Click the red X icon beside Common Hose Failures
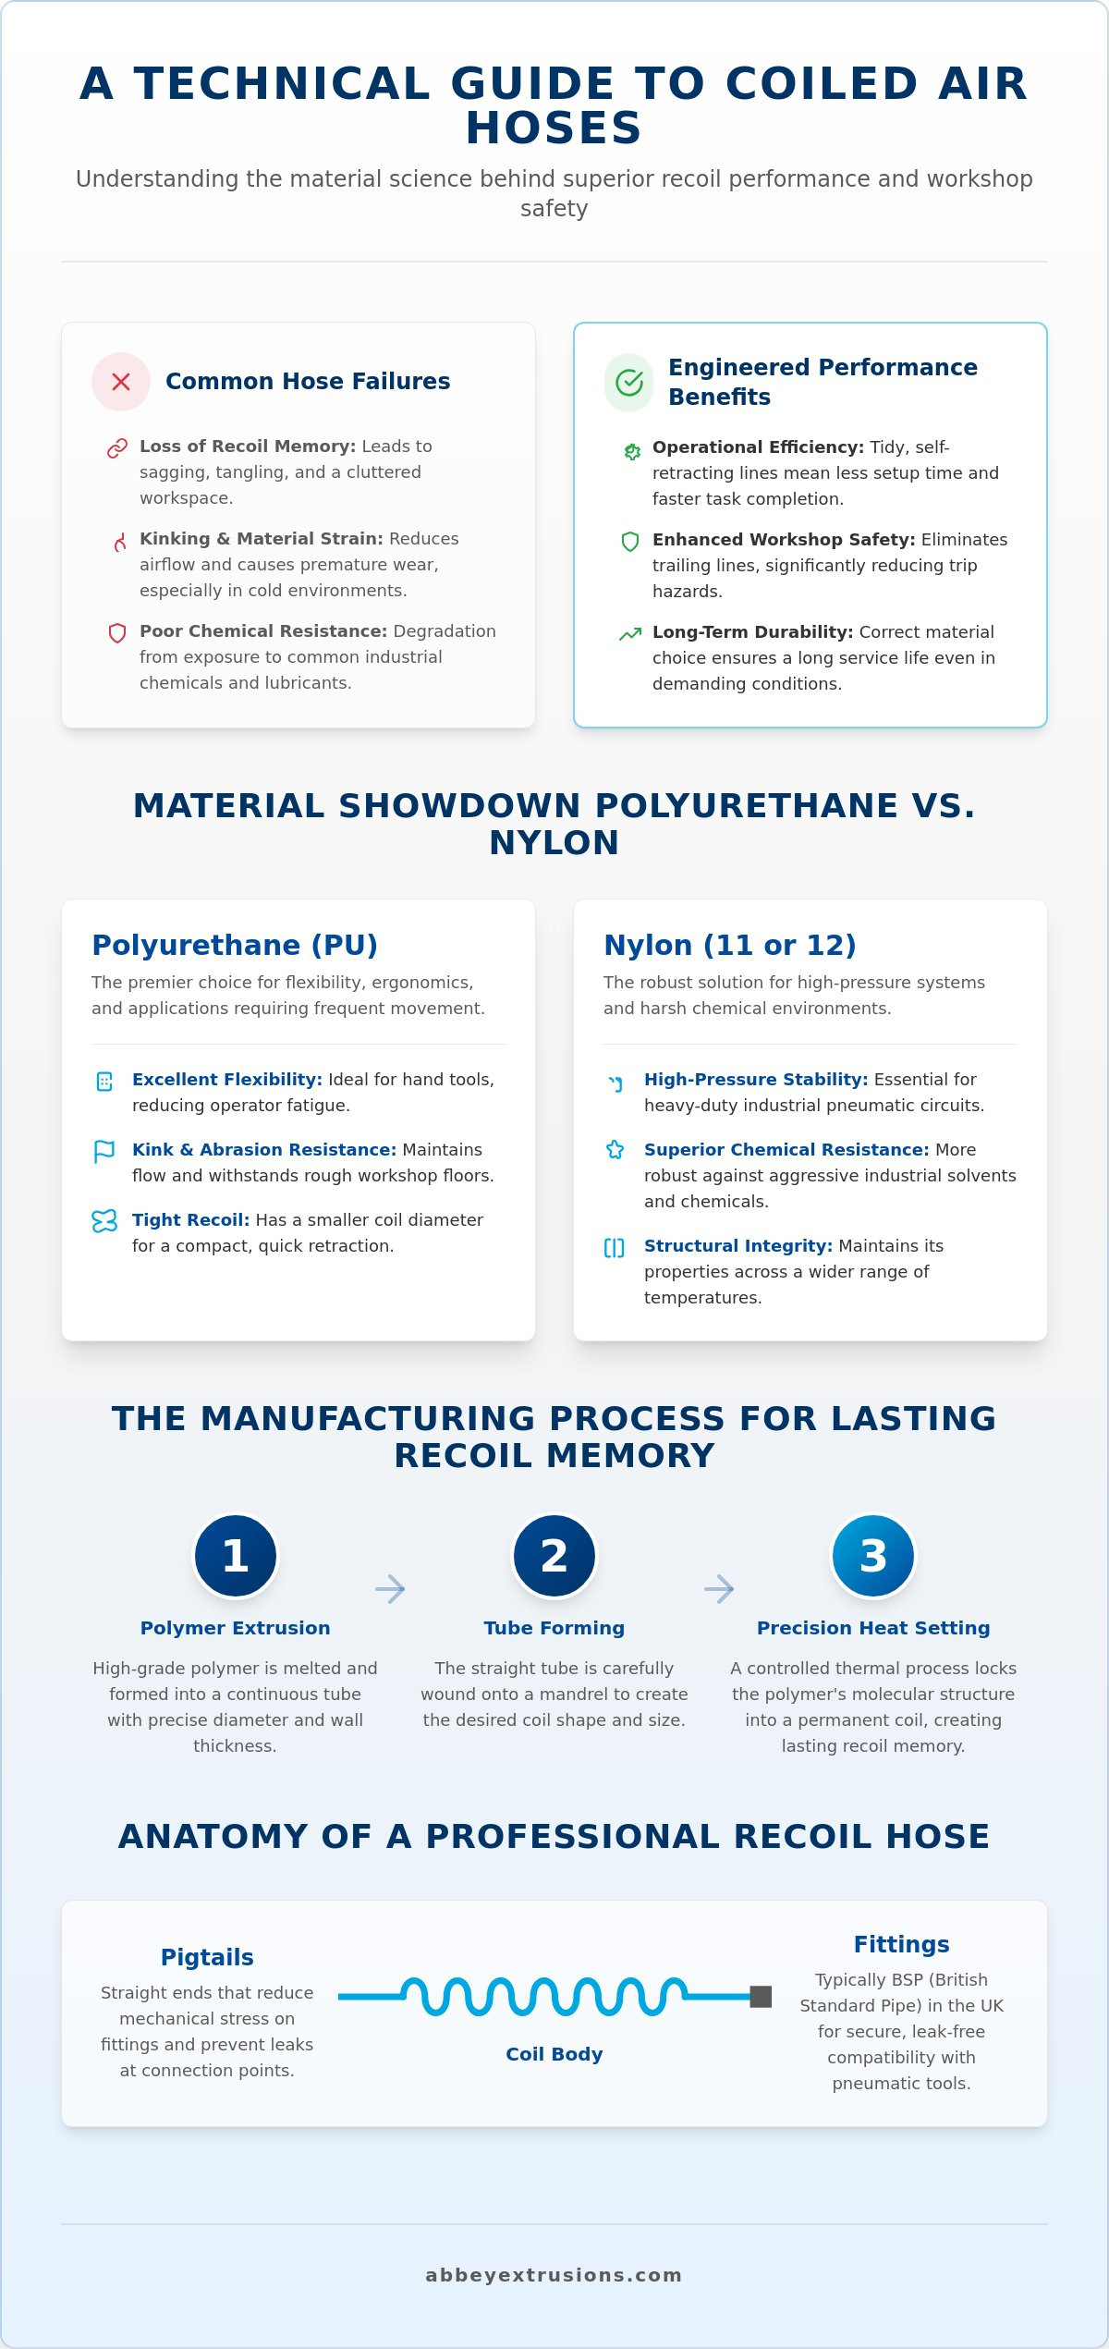(x=121, y=382)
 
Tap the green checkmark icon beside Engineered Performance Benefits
(x=629, y=382)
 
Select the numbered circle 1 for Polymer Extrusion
(x=236, y=1556)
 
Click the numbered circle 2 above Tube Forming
(x=554, y=1556)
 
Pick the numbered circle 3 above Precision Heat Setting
(x=873, y=1556)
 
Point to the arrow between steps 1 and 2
(x=390, y=1589)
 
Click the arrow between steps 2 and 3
(x=719, y=1589)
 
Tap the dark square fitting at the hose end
(x=761, y=1997)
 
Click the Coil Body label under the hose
(x=554, y=2054)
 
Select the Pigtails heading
(x=207, y=1958)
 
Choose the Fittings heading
(x=902, y=1945)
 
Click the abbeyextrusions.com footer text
(x=554, y=2275)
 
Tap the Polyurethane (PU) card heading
(x=235, y=946)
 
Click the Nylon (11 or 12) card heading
(x=730, y=946)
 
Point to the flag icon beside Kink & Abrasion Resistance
(x=104, y=1151)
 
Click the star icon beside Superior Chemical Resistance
(x=615, y=1150)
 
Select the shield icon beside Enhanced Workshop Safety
(x=630, y=541)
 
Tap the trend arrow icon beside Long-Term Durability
(x=630, y=634)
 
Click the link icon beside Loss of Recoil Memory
(x=117, y=448)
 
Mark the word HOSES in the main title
(x=554, y=128)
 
